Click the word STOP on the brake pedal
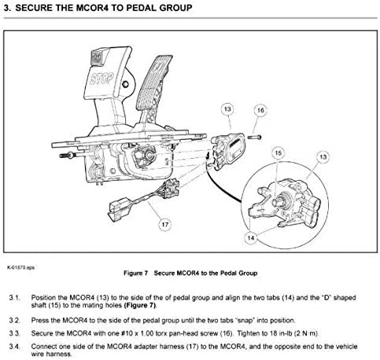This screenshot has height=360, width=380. pos(101,78)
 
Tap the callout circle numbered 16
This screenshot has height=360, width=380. pos(260,110)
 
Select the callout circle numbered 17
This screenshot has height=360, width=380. pos(165,225)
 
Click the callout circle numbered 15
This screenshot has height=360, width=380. pos(278,153)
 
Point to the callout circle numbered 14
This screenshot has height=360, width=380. pos(251,237)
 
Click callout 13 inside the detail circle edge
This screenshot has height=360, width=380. pos(323,157)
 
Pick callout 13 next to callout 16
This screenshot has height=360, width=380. pos(227,109)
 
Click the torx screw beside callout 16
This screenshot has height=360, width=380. pos(254,137)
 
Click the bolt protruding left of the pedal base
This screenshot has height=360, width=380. pos(67,156)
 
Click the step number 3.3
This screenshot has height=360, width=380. pos(14,333)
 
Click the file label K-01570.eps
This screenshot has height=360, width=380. pos(20,267)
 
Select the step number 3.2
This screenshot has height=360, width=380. pos(14,321)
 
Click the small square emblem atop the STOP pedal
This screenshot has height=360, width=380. pos(97,57)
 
